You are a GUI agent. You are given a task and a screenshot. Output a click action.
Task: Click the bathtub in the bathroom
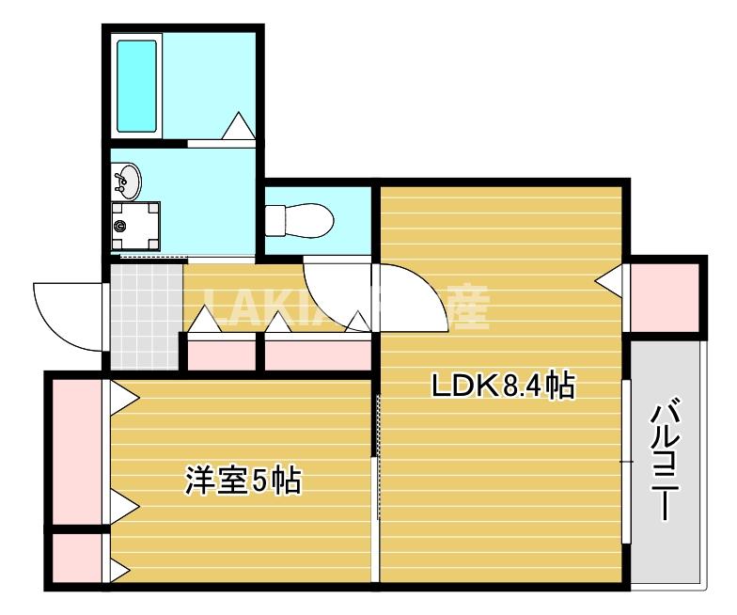[137, 86]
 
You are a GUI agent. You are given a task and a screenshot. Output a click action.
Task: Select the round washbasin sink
[127, 180]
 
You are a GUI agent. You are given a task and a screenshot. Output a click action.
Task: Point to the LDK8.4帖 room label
[502, 386]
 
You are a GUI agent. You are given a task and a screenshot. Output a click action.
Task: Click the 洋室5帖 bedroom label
[242, 481]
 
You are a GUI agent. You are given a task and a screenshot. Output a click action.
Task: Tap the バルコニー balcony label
[666, 458]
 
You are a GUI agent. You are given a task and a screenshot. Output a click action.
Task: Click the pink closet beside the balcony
[665, 296]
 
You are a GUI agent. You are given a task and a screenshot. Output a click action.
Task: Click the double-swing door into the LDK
[376, 296]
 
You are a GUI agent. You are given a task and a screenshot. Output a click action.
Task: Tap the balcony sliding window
[626, 461]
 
